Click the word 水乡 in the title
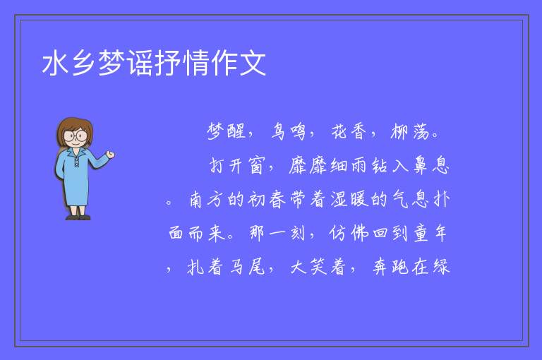[69, 63]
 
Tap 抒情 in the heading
[182, 63]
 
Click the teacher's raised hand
[110, 155]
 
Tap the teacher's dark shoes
[78, 217]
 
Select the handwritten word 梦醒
[227, 131]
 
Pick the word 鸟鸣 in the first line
[289, 131]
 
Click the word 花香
[349, 131]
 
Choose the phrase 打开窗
[237, 165]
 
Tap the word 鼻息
[431, 165]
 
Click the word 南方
[205, 200]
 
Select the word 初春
[267, 200]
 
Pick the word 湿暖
[349, 200]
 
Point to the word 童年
[430, 233]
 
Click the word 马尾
[248, 267]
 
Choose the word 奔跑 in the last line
[390, 267]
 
